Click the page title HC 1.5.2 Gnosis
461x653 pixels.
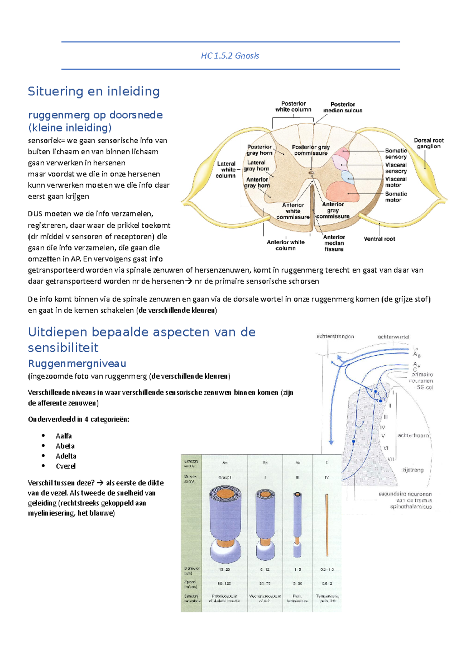[x=230, y=56]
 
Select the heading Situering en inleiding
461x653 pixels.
[x=94, y=92]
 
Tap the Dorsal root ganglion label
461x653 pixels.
[x=428, y=143]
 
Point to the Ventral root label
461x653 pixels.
[x=379, y=239]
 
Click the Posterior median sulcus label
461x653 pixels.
[x=342, y=107]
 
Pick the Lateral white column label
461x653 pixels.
[x=226, y=170]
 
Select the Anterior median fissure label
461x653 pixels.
[x=334, y=243]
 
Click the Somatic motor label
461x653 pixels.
[x=395, y=197]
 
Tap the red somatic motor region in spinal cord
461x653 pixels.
[x=343, y=192]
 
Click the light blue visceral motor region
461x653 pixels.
[x=348, y=177]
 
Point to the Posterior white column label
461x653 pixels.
[x=293, y=107]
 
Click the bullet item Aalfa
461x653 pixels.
[x=63, y=436]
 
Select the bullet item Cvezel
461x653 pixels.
[x=65, y=466]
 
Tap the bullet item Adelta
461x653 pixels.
[x=66, y=456]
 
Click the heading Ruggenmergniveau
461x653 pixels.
[x=77, y=363]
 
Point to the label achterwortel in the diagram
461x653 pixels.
[x=393, y=337]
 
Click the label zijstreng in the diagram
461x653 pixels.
[x=413, y=470]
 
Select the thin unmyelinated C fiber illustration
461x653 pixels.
[x=327, y=525]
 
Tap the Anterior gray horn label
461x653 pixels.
[x=257, y=182]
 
